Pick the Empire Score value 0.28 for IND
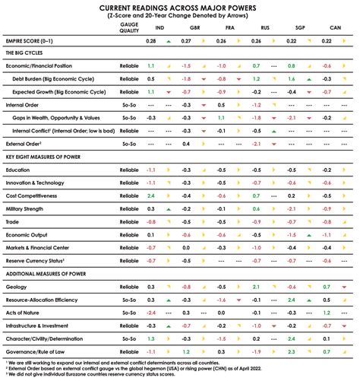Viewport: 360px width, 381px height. (151, 40)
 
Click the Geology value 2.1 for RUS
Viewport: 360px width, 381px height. (257, 286)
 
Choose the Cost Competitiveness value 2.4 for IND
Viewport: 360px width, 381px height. (151, 195)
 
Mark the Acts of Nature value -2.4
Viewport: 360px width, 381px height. (151, 312)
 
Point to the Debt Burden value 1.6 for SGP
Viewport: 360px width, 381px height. (292, 78)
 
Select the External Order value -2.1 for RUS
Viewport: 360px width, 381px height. (257, 143)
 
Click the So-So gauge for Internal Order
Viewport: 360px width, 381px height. (128, 104)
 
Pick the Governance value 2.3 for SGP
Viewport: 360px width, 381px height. (292, 351)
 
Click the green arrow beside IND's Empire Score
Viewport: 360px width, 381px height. (168, 40)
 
